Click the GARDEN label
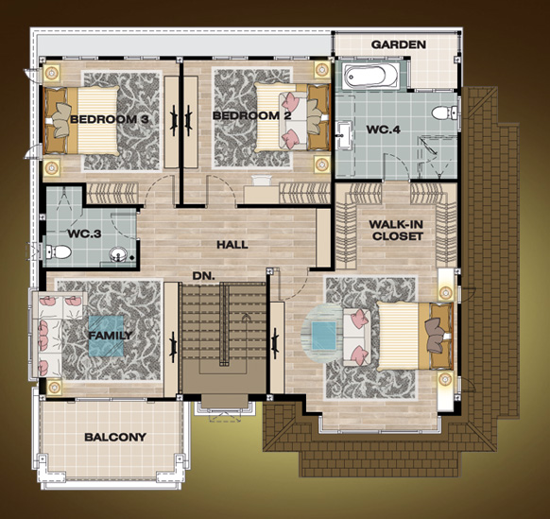pos(399,44)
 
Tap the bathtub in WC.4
pos(370,75)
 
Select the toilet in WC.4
pos(444,113)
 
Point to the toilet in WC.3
pos(59,251)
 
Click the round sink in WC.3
pos(118,254)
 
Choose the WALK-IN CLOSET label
pos(397,231)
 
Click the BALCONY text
pos(115,438)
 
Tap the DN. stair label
pos(203,276)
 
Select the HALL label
pos(232,245)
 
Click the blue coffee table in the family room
pos(106,337)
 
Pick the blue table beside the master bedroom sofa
pos(324,336)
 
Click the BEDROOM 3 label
pos(109,119)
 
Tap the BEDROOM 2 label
pos(252,115)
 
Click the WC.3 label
pos(84,234)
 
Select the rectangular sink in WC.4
pos(344,134)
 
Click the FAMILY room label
pos(111,336)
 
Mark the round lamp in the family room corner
pos(54,387)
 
